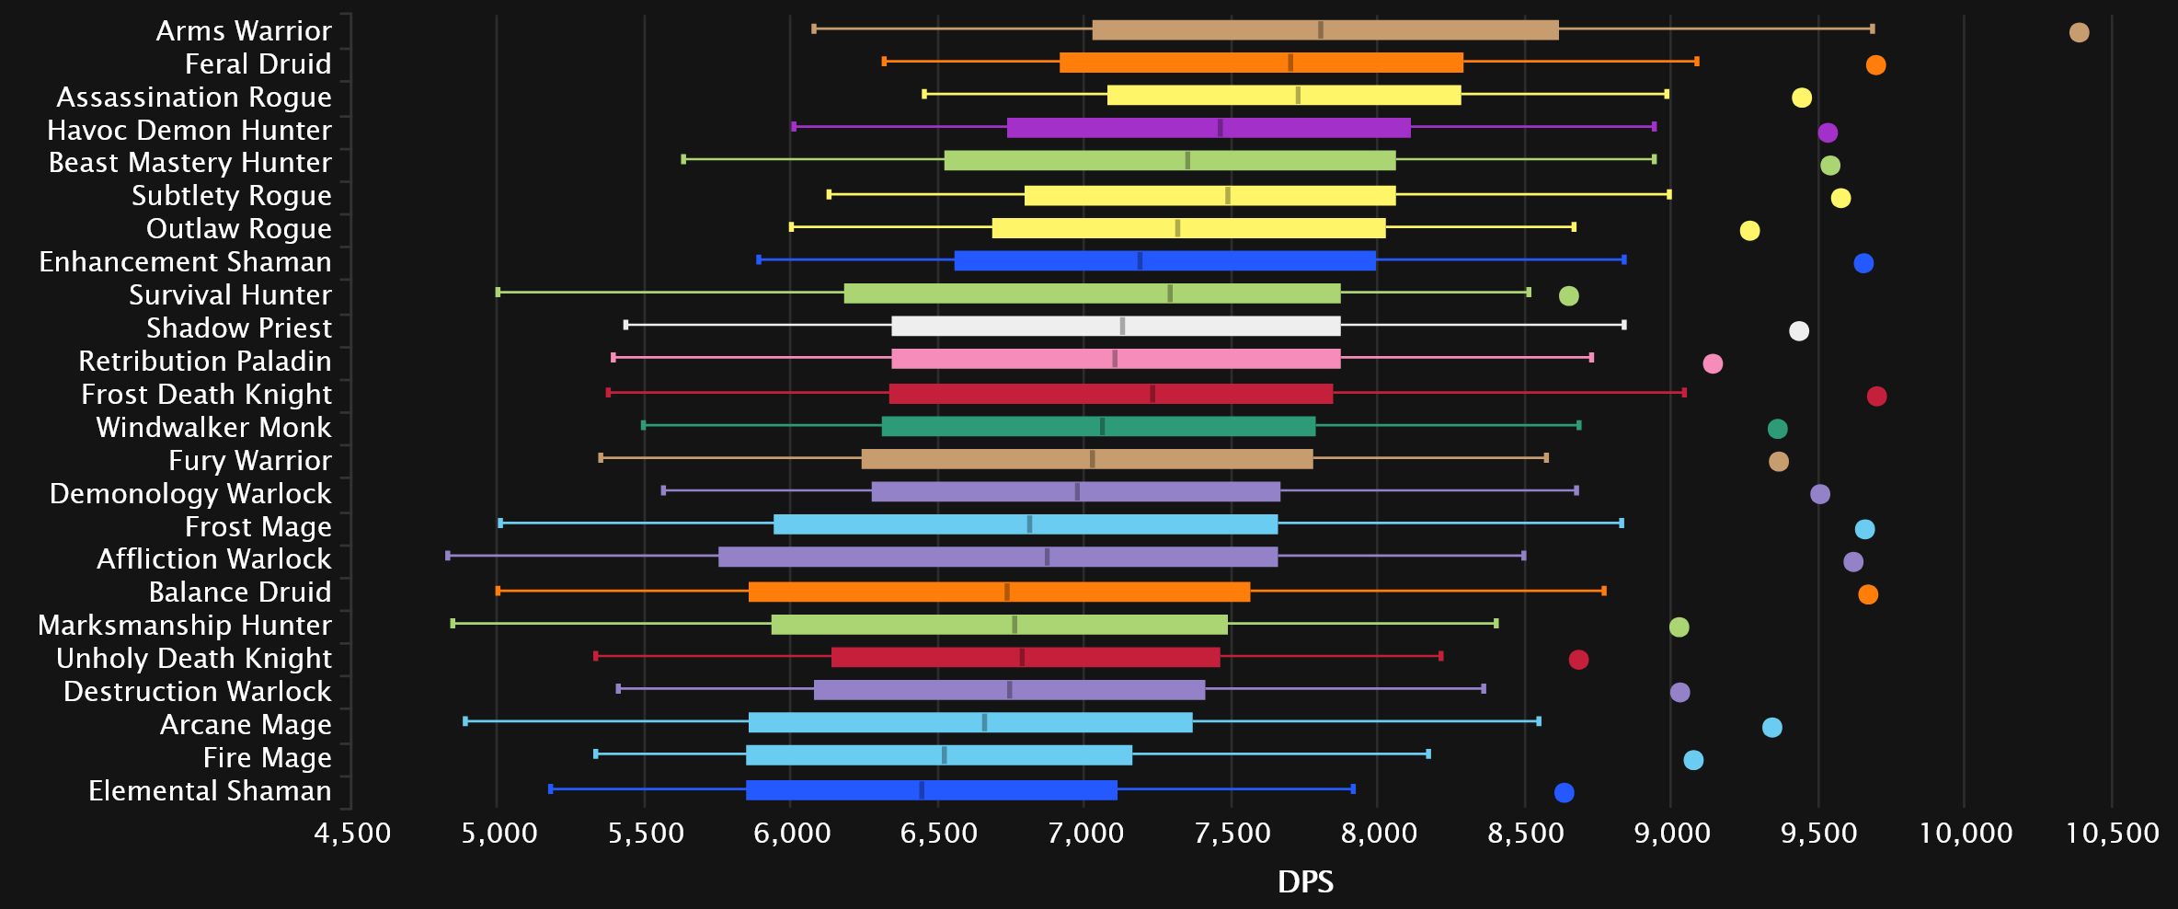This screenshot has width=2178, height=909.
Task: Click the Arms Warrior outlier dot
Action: [2079, 33]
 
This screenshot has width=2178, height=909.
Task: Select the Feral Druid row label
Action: [258, 63]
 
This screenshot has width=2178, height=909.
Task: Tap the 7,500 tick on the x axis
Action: [1232, 834]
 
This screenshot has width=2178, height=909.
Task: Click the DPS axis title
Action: [1305, 881]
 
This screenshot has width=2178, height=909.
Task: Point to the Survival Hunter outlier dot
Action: [1569, 296]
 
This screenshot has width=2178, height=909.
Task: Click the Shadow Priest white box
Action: [1116, 326]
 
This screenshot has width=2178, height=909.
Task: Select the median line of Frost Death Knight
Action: [1152, 394]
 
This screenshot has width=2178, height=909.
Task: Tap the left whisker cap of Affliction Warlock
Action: [448, 556]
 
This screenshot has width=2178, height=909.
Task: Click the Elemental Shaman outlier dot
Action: [1564, 793]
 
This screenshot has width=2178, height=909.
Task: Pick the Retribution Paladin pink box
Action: [1116, 359]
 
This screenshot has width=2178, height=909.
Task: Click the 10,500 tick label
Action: [2112, 834]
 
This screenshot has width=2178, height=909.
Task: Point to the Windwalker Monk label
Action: [213, 427]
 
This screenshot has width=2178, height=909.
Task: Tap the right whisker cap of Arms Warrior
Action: [1872, 29]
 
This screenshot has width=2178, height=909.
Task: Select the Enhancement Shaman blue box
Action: [1164, 260]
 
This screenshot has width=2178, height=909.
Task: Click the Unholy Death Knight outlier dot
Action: [1578, 660]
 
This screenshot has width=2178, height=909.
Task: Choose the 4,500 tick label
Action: [352, 834]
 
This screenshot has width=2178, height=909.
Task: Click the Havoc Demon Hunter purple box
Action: [1208, 128]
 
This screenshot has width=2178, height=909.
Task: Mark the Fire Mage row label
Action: [267, 757]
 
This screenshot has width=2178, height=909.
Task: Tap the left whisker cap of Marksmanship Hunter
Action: [453, 624]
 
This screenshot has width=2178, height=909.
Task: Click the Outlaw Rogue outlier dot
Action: [1749, 231]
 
